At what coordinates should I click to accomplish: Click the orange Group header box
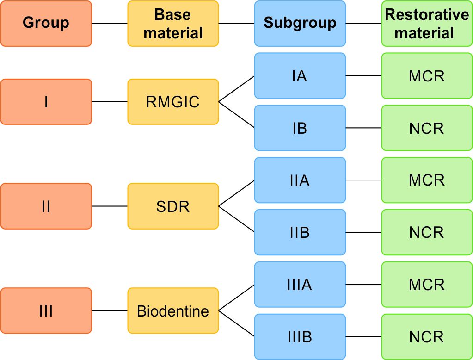point(46,23)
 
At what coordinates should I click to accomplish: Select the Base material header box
point(173,23)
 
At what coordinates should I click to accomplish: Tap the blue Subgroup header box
point(300,23)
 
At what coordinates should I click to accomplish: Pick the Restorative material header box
point(426,23)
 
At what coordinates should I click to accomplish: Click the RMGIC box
point(173,102)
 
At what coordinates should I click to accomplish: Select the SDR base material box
point(173,206)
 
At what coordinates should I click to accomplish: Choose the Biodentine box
point(173,310)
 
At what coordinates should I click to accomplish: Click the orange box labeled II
point(46,206)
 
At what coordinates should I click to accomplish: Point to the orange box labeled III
point(46,310)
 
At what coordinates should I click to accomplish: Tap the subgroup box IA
point(300,76)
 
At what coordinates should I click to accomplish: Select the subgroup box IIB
point(300,232)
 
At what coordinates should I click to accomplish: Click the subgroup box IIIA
point(300,285)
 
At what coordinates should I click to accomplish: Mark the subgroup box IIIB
point(300,337)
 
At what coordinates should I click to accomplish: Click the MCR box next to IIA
point(426,180)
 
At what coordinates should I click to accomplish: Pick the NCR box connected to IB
point(426,128)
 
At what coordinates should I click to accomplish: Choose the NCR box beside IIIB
point(426,337)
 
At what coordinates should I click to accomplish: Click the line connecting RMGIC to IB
point(236,115)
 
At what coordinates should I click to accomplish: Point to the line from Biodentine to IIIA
point(236,298)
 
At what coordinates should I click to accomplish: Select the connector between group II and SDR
point(110,206)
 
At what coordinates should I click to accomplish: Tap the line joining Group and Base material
point(110,23)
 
